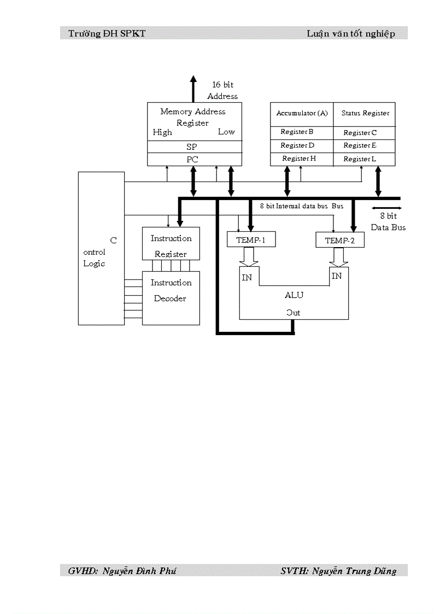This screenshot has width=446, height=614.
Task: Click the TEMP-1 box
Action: [x=250, y=239]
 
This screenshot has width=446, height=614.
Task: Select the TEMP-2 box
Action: [x=340, y=240]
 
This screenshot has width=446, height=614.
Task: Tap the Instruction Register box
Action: [x=171, y=245]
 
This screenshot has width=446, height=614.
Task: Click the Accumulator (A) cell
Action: [x=302, y=114]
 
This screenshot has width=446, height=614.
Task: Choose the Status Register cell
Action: [x=365, y=114]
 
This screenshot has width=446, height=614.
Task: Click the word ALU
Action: [x=294, y=295]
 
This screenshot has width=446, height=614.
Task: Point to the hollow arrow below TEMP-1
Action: [x=250, y=256]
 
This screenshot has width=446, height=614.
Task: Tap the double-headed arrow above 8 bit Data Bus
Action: [x=387, y=208]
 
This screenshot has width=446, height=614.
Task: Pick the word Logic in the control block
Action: [x=93, y=264]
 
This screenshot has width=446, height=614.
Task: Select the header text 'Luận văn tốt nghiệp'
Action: [x=350, y=34]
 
